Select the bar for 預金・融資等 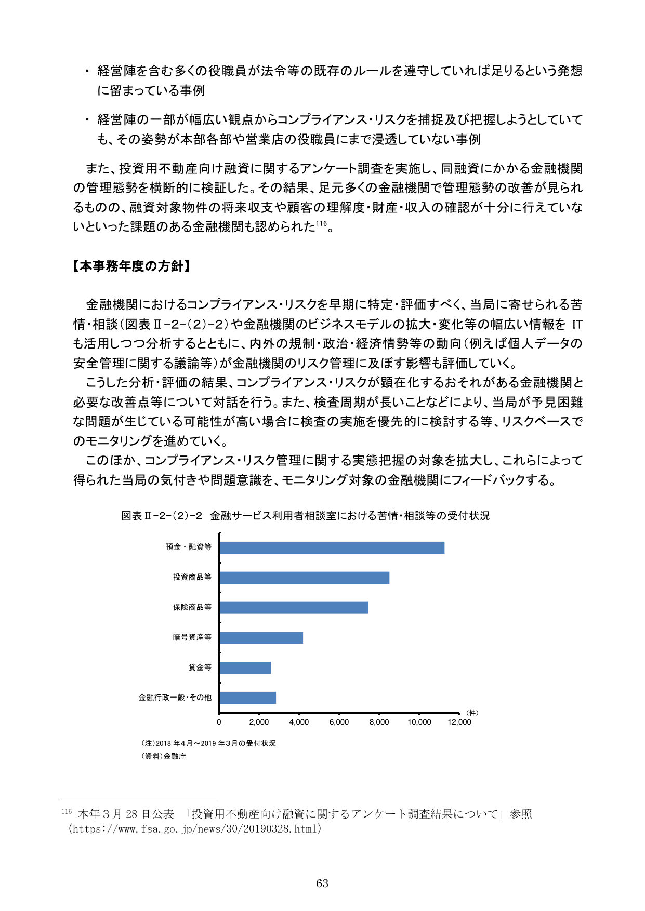pyautogui.click(x=332, y=547)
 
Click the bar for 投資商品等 pyautogui.click(x=304, y=578)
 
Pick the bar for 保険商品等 pyautogui.click(x=294, y=608)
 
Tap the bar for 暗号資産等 pyautogui.click(x=261, y=638)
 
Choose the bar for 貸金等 pyautogui.click(x=245, y=668)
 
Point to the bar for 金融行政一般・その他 pyautogui.click(x=247, y=698)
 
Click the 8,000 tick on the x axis pyautogui.click(x=379, y=722)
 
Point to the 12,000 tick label pyautogui.click(x=459, y=722)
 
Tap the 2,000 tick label pyautogui.click(x=259, y=722)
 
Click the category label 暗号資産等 pyautogui.click(x=192, y=637)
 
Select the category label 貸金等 pyautogui.click(x=200, y=667)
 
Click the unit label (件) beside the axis pyautogui.click(x=472, y=713)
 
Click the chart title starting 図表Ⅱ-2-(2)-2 pyautogui.click(x=305, y=516)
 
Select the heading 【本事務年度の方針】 pyautogui.click(x=131, y=266)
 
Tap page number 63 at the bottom pyautogui.click(x=322, y=883)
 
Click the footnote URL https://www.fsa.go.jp pyautogui.click(x=195, y=829)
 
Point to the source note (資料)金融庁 pyautogui.click(x=163, y=756)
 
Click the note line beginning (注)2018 pyautogui.click(x=208, y=743)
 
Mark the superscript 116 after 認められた pyautogui.click(x=321, y=224)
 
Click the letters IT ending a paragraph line pyautogui.click(x=576, y=325)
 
